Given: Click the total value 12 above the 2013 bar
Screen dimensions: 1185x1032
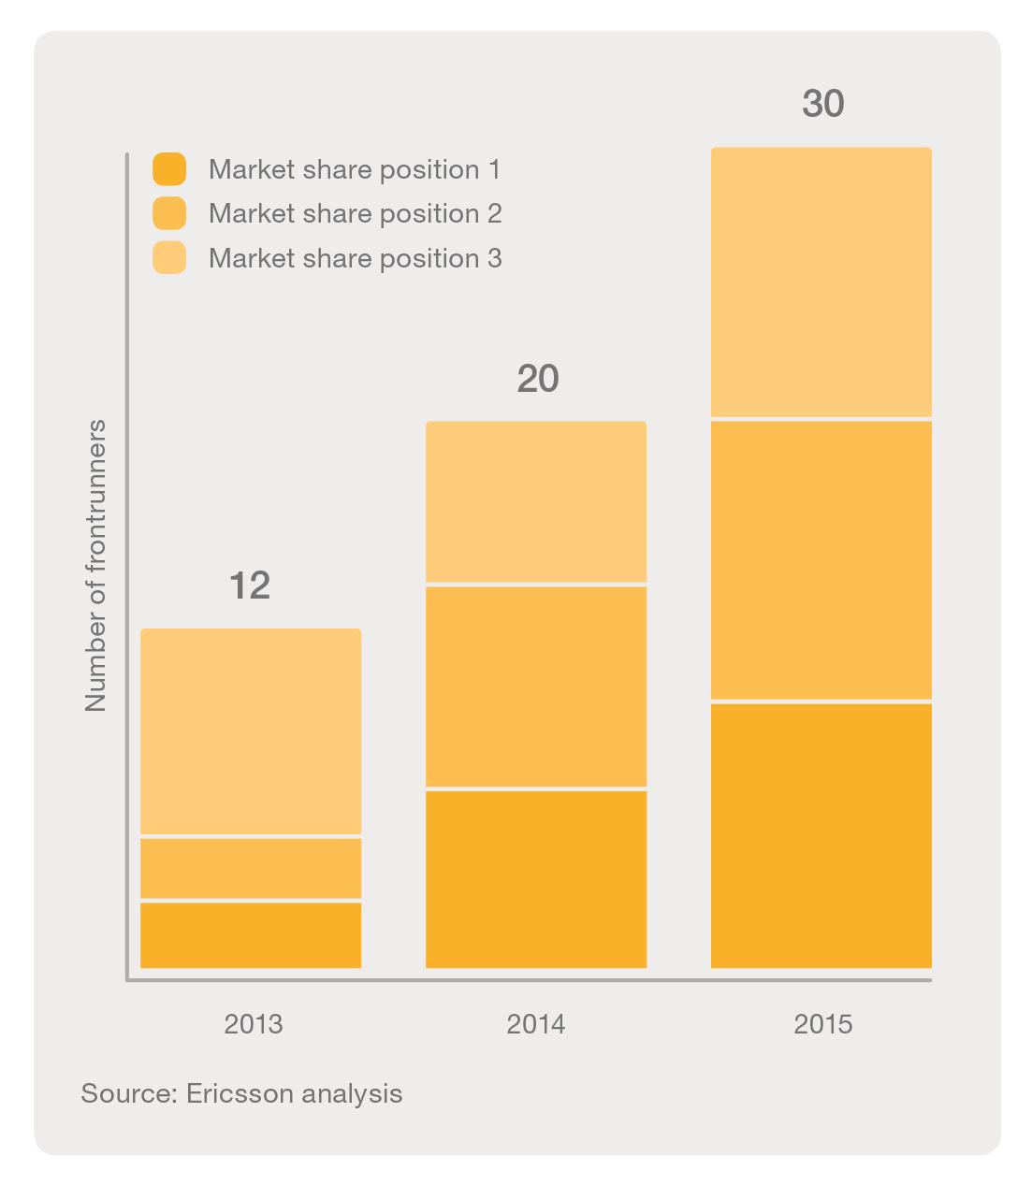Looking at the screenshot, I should coord(250,585).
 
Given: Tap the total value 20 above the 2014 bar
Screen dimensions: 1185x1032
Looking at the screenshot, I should coord(537,379).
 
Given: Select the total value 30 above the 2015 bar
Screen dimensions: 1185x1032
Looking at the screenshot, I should coord(823,104).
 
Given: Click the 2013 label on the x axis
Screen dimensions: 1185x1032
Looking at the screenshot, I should coord(253,1024).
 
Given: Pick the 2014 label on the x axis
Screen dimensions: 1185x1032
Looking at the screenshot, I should coord(536,1024).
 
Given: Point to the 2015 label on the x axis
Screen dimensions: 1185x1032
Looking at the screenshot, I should coord(823,1024).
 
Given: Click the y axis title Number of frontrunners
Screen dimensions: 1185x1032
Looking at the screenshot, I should coord(96,566).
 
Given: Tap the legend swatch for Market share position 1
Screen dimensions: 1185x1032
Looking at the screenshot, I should coord(169,169).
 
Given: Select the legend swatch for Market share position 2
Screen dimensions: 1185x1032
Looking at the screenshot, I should coord(169,213).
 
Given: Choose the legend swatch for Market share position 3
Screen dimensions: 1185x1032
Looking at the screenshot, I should coord(169,258).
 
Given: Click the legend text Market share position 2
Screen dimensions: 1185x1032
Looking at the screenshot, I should coord(355,213).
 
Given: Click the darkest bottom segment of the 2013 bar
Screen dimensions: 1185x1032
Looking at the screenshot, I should coord(251,934).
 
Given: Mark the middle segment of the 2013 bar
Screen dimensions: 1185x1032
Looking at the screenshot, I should coord(251,868).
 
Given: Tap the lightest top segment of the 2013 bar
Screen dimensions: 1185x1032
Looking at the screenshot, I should coord(251,730).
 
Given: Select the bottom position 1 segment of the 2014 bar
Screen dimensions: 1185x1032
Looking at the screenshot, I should coord(536,878).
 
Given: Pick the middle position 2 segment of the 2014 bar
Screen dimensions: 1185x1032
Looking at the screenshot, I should coord(536,686).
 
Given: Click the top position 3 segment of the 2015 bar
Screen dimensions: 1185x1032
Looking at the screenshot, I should coord(821,282).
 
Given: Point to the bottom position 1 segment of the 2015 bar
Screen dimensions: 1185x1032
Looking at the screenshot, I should coord(821,834).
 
